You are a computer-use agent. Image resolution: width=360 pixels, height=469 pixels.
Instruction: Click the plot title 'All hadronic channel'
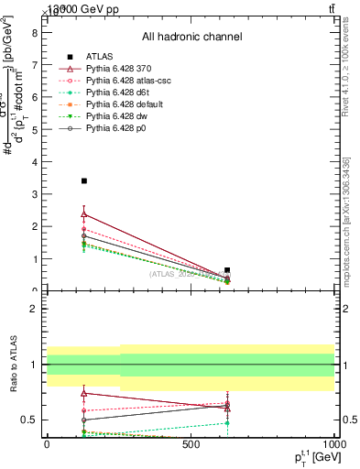(191, 38)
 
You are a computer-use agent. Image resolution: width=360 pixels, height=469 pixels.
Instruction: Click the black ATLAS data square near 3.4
(84, 181)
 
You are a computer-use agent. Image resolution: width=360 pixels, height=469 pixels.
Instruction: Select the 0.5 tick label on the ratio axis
(29, 420)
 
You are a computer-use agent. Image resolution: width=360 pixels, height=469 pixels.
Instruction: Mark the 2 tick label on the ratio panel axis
(34, 309)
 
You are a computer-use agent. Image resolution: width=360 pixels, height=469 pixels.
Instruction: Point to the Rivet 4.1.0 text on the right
(345, 64)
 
